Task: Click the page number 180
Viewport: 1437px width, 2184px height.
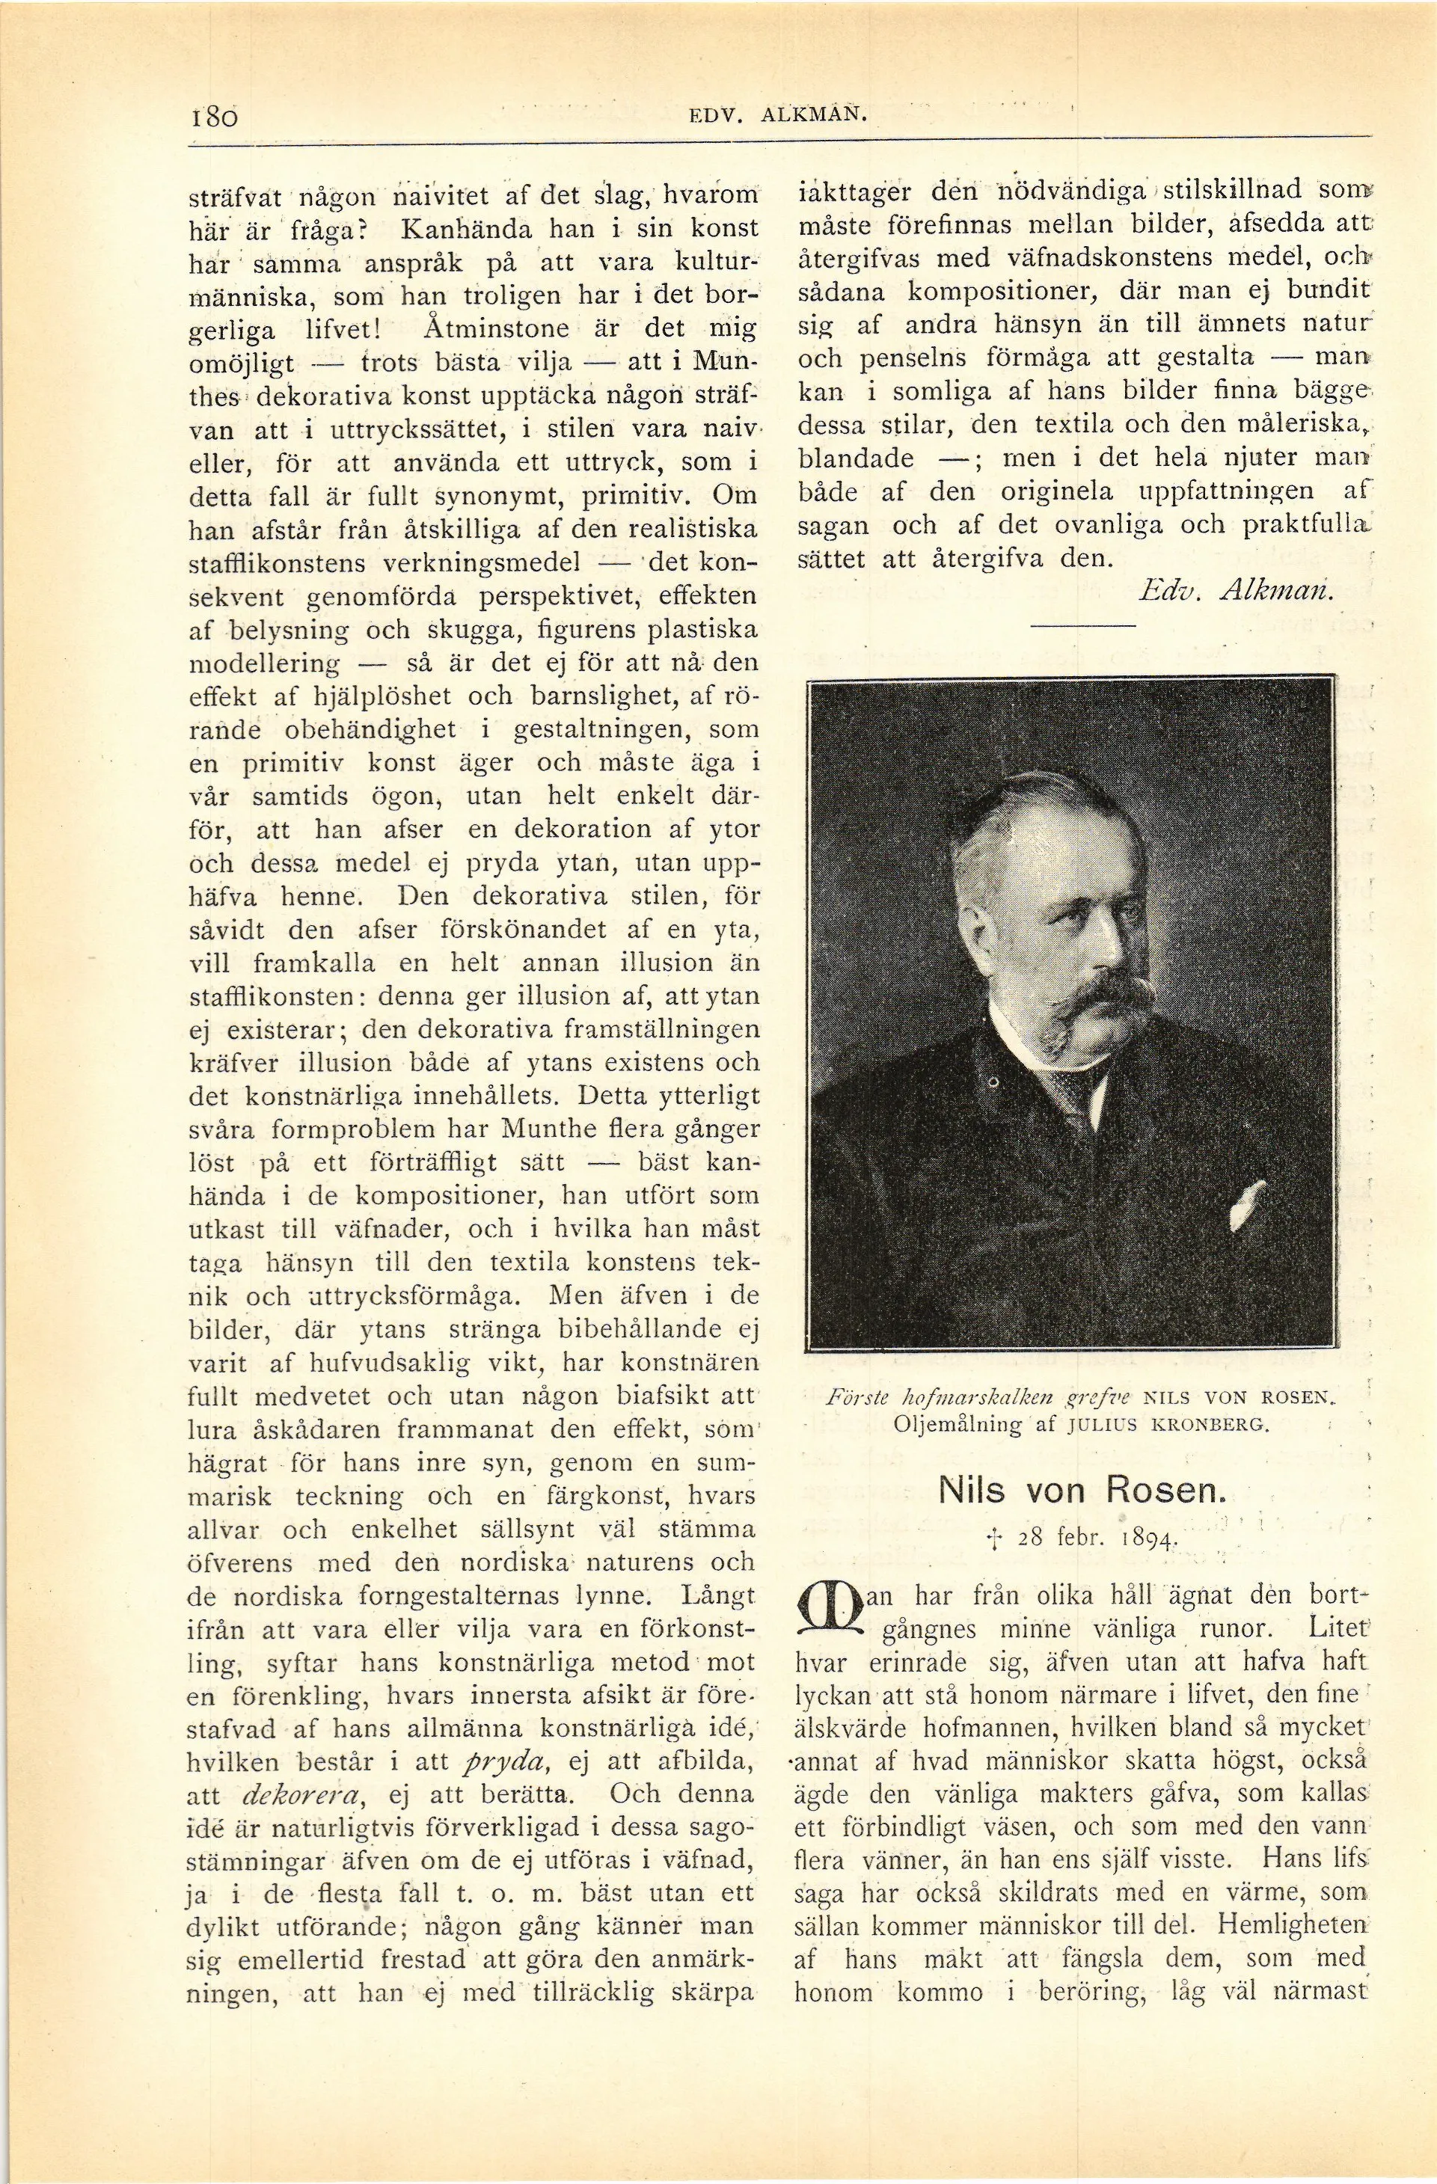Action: [215, 117]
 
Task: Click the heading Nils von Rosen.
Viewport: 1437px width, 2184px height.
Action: [1082, 1489]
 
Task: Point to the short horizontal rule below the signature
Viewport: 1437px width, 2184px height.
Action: [1082, 626]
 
